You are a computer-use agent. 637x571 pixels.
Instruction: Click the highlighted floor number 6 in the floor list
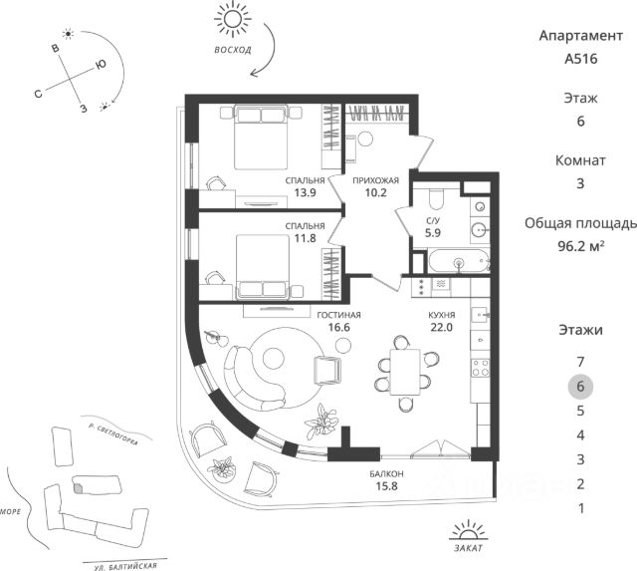(x=580, y=386)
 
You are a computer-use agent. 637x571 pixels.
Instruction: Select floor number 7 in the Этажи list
(x=580, y=362)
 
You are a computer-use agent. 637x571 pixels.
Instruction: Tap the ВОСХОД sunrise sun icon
(x=233, y=19)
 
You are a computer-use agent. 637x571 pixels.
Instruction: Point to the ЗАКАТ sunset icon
(x=469, y=530)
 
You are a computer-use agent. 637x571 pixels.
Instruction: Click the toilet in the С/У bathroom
(x=437, y=198)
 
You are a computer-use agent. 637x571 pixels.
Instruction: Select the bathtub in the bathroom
(x=459, y=261)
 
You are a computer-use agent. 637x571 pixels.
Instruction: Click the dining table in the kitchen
(x=405, y=372)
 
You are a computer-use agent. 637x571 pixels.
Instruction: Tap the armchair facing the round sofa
(x=327, y=370)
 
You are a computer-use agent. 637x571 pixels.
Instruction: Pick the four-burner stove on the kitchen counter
(x=480, y=368)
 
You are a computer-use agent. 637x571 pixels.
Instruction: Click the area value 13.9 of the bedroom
(x=306, y=192)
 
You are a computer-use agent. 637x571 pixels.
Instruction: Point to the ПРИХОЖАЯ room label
(x=375, y=180)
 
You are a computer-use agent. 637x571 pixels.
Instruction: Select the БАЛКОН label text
(x=386, y=473)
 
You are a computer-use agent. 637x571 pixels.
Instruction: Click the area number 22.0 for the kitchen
(x=441, y=327)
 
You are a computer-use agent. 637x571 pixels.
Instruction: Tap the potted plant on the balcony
(x=222, y=469)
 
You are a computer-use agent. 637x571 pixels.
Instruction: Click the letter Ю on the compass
(x=101, y=65)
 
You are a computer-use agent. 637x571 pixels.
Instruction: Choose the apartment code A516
(x=581, y=59)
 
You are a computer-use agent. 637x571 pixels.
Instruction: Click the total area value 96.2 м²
(x=581, y=246)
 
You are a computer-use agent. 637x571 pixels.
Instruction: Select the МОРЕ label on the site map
(x=10, y=511)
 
